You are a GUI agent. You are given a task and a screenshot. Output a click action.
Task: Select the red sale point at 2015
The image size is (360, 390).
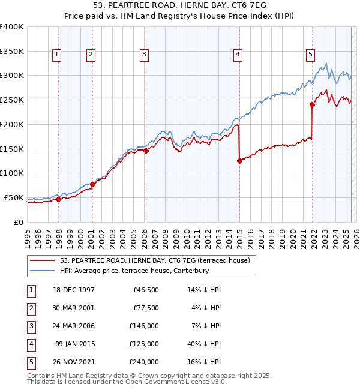239,161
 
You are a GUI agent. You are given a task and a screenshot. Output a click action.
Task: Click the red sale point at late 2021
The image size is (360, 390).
313,104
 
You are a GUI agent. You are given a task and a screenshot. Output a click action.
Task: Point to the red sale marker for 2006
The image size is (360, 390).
146,151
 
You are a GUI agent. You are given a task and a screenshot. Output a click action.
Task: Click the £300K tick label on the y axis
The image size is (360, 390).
11,76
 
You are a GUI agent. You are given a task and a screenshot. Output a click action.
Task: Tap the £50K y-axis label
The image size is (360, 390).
13,197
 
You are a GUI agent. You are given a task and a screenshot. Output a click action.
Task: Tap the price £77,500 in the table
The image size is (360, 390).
145,308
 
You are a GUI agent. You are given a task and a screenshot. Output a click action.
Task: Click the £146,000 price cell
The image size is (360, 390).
144,326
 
